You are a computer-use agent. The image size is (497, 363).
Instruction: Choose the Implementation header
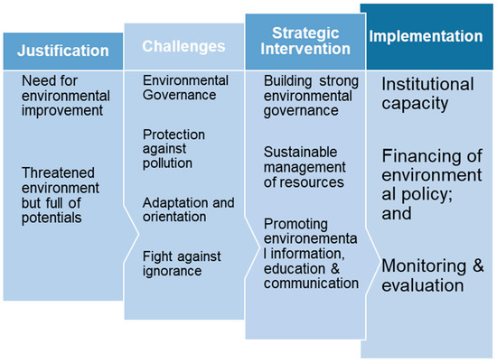pyautogui.click(x=427, y=37)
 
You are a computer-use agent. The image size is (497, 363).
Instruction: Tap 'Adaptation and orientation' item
pyautogui.click(x=187, y=210)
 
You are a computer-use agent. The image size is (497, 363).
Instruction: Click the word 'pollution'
pyautogui.click(x=167, y=163)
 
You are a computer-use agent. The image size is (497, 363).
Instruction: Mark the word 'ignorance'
pyautogui.click(x=173, y=272)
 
